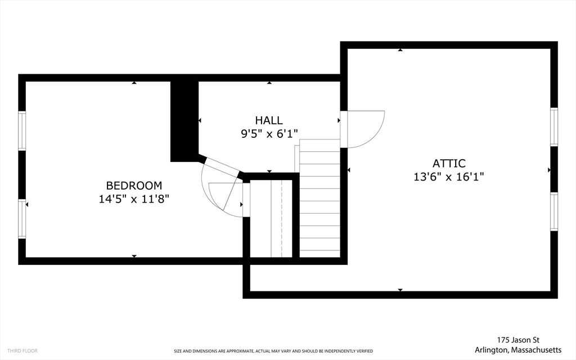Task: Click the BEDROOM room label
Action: tap(134, 186)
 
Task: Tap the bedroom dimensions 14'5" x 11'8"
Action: tap(134, 199)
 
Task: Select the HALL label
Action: tap(269, 120)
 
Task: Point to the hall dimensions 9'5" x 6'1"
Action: tap(269, 134)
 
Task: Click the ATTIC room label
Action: tap(449, 164)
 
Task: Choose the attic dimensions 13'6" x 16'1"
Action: tap(449, 177)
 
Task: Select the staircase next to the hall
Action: tap(319, 199)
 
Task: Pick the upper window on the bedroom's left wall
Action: tap(22, 130)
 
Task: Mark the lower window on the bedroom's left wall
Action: tap(22, 219)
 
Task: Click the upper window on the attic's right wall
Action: tap(554, 127)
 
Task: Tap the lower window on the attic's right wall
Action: tap(554, 211)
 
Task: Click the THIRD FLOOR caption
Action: tap(22, 351)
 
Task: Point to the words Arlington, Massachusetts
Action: tap(518, 350)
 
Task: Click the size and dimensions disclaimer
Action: tap(273, 351)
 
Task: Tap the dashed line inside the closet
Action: tap(282, 219)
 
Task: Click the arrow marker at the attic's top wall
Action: tap(400, 49)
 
